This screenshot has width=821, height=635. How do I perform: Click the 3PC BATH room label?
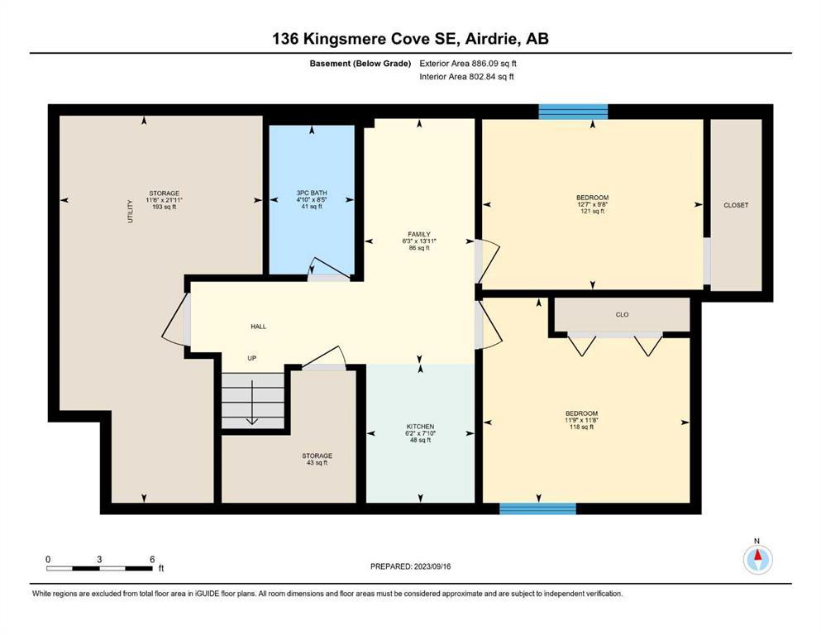pos(312,193)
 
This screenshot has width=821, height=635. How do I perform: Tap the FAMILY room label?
pos(419,235)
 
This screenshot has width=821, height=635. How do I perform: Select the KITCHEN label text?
pos(421,427)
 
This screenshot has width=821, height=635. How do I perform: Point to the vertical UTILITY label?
pos(131,211)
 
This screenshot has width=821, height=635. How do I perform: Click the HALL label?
pos(259,327)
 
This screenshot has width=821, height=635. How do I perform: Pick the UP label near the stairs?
pos(252,359)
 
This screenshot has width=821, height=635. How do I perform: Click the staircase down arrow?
pos(252,402)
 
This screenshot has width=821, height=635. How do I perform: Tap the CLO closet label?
pos(622,315)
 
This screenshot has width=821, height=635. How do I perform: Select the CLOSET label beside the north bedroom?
pos(736,205)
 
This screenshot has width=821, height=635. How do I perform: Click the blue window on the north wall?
pos(573,112)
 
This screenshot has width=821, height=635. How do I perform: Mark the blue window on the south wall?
pos(537,508)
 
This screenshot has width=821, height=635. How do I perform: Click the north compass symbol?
pos(757,559)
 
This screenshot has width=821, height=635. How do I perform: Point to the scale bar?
pos(99,568)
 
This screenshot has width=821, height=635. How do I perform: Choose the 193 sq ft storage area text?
pos(165,207)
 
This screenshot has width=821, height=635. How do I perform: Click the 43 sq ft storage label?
pos(317,463)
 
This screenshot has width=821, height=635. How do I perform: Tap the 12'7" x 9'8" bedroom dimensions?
pos(593,205)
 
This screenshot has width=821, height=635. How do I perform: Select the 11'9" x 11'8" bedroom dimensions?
pos(581,420)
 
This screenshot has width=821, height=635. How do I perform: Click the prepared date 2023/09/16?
pos(432,566)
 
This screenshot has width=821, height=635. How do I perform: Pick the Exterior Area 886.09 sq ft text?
pos(468,64)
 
